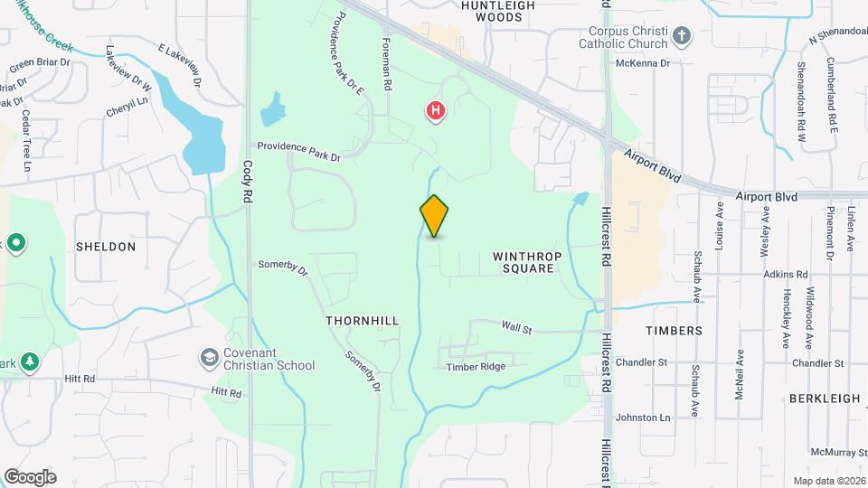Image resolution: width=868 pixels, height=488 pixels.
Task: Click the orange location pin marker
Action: tap(435, 216)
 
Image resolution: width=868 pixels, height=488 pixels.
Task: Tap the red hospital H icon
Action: tap(436, 111)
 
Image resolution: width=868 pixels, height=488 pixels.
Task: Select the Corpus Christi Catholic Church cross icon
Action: tap(682, 38)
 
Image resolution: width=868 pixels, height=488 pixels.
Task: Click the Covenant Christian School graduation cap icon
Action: tap(210, 359)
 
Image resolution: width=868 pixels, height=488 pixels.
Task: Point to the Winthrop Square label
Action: tap(528, 262)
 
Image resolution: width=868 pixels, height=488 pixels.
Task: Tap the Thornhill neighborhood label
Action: tap(362, 321)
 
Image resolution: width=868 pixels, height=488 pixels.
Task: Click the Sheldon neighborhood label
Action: tap(106, 247)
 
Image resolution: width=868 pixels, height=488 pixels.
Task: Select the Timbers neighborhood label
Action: tap(674, 331)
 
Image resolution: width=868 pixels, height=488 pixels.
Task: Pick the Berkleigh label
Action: tap(824, 399)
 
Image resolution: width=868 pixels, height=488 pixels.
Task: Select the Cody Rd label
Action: tap(248, 182)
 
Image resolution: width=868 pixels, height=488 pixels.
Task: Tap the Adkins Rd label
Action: tap(784, 274)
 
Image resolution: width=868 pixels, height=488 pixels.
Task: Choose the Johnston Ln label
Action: tap(643, 418)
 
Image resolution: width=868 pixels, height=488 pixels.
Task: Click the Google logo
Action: tap(30, 476)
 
